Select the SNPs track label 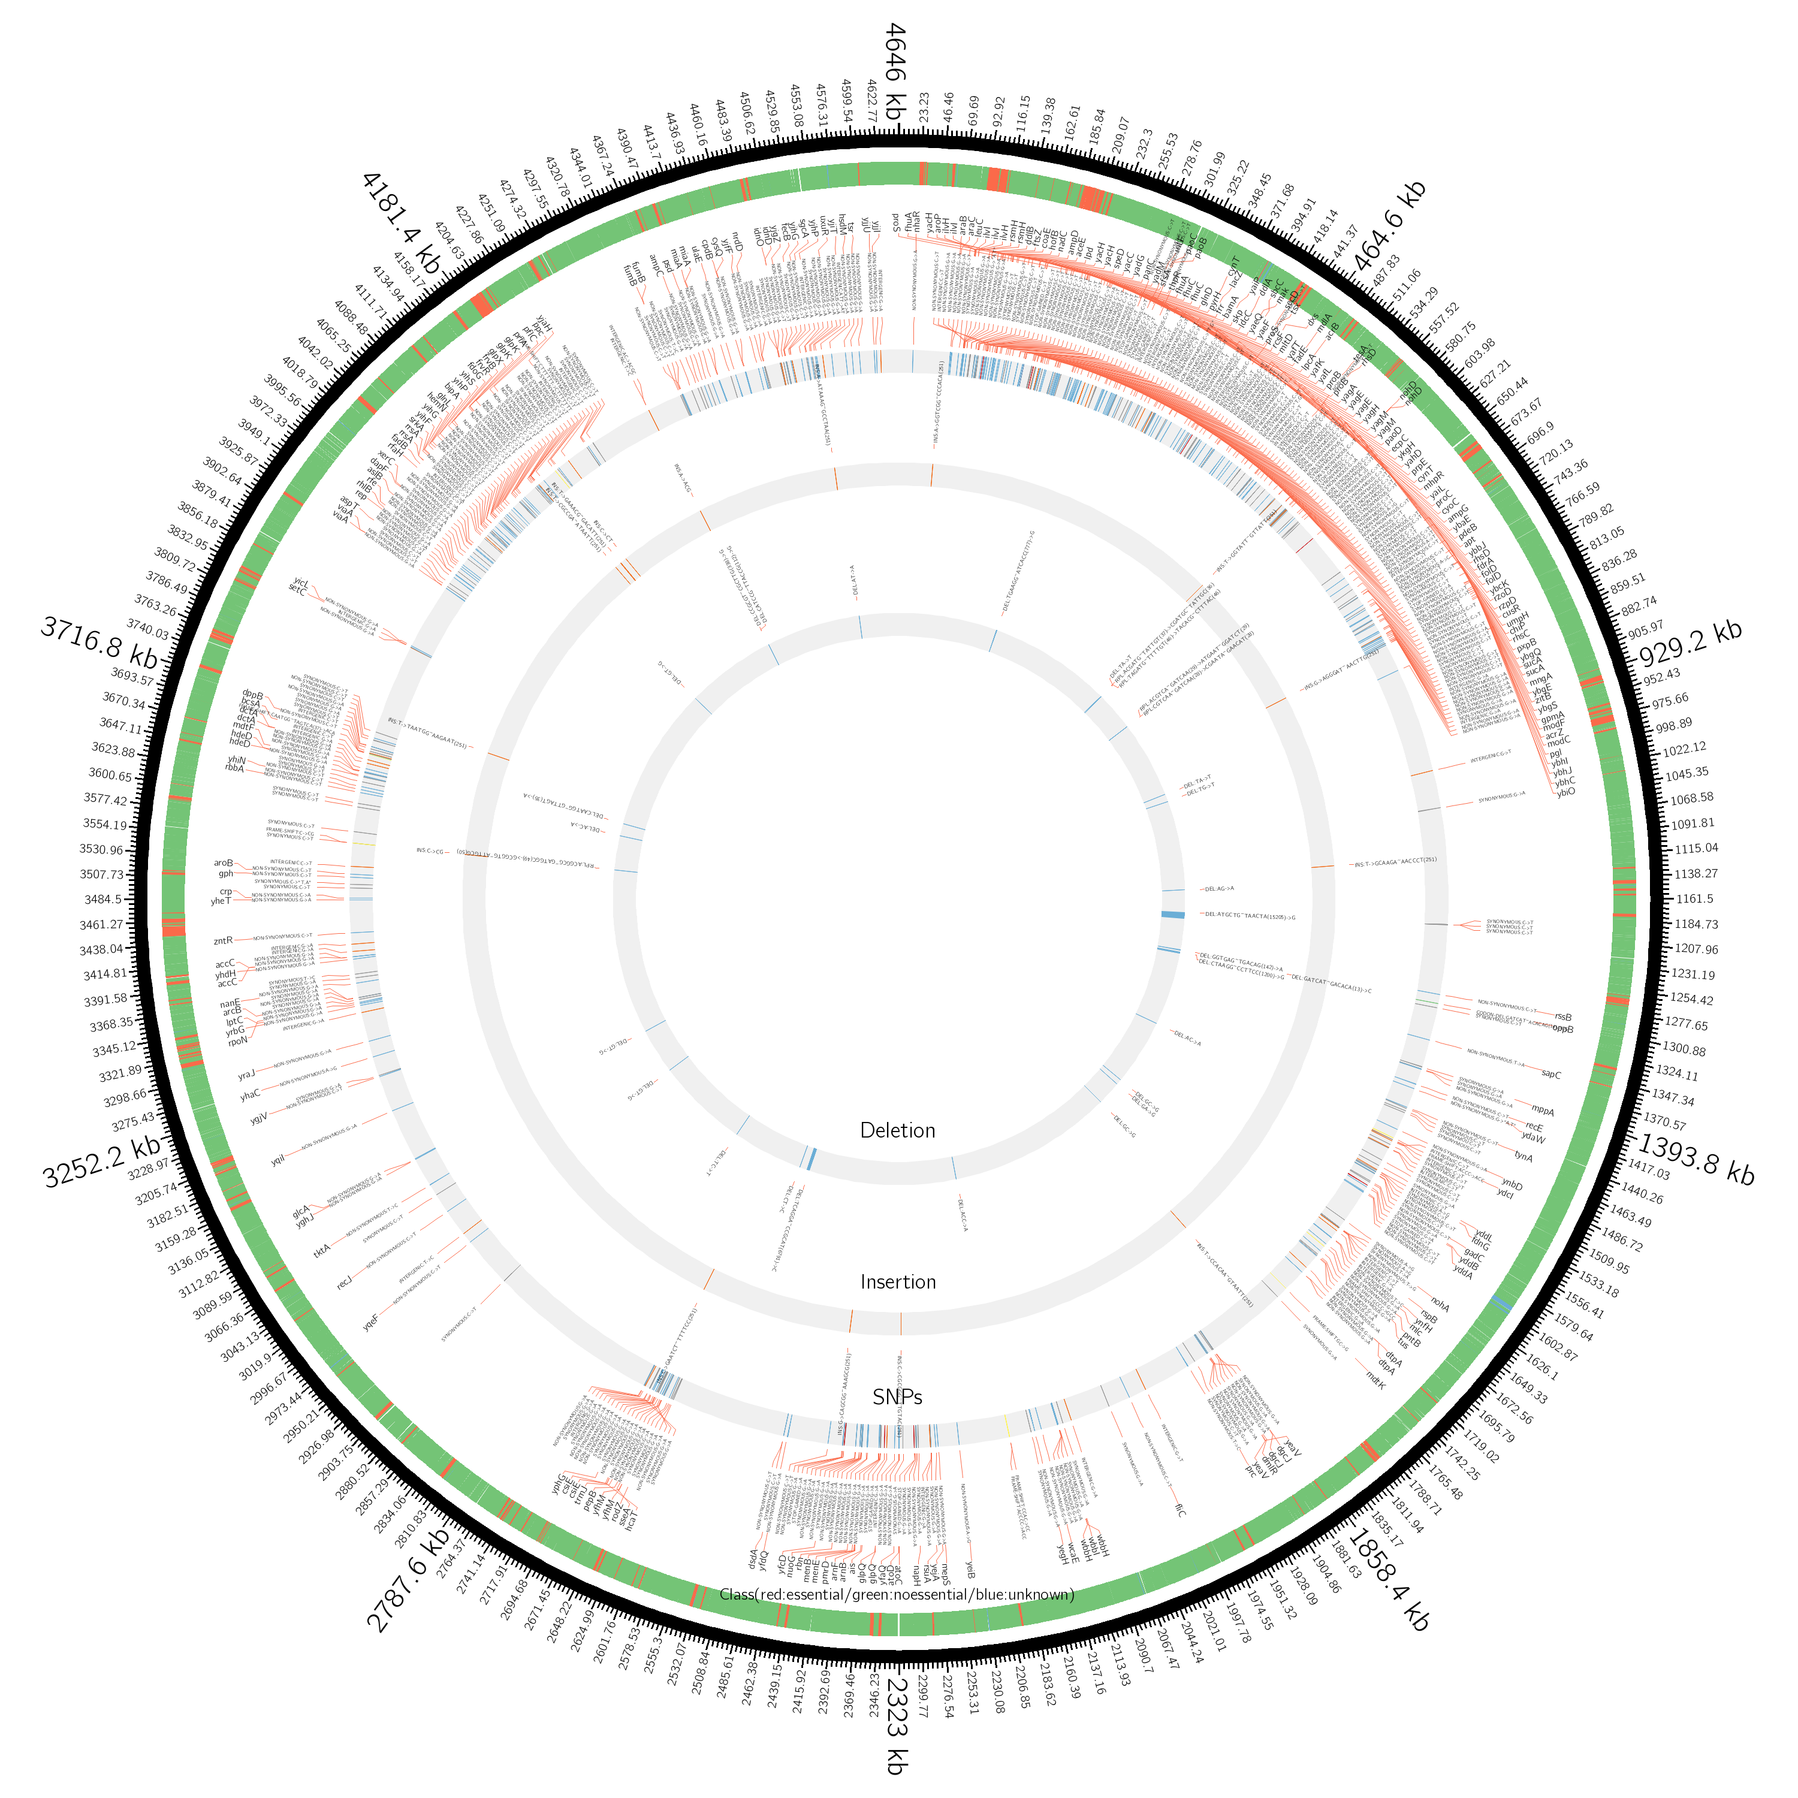(898, 1398)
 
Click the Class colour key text (898, 1595)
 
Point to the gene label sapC (1552, 1075)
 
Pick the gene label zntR (222, 941)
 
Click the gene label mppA (1543, 1111)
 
